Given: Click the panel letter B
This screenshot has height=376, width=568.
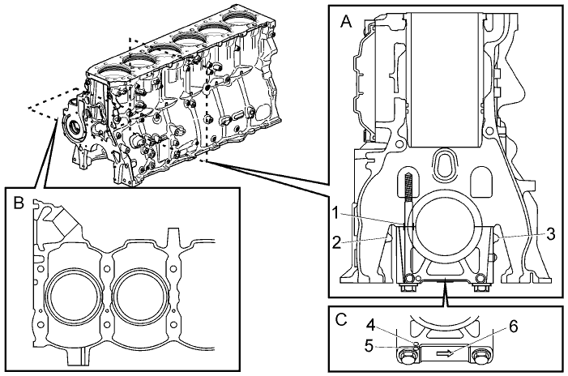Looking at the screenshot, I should click(x=19, y=203).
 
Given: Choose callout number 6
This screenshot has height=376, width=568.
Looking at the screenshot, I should click(x=513, y=327).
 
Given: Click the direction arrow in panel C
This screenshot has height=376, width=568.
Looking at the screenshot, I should click(x=445, y=353).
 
